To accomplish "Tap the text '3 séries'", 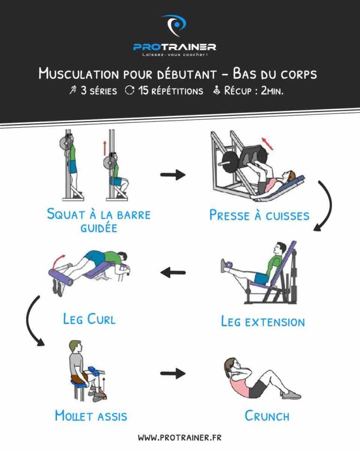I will tap(94, 91).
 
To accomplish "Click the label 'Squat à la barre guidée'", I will tap(98, 221).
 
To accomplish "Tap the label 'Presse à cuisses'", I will tap(259, 215).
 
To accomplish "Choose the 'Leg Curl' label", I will tap(89, 319).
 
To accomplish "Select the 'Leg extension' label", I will tap(262, 322).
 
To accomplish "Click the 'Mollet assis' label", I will tap(91, 415).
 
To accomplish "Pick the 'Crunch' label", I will tap(267, 415).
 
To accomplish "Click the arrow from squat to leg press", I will tap(172, 175).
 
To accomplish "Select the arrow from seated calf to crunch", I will tap(172, 373).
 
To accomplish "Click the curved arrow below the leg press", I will tap(325, 206).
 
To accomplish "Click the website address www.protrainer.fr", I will tap(180, 437).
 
